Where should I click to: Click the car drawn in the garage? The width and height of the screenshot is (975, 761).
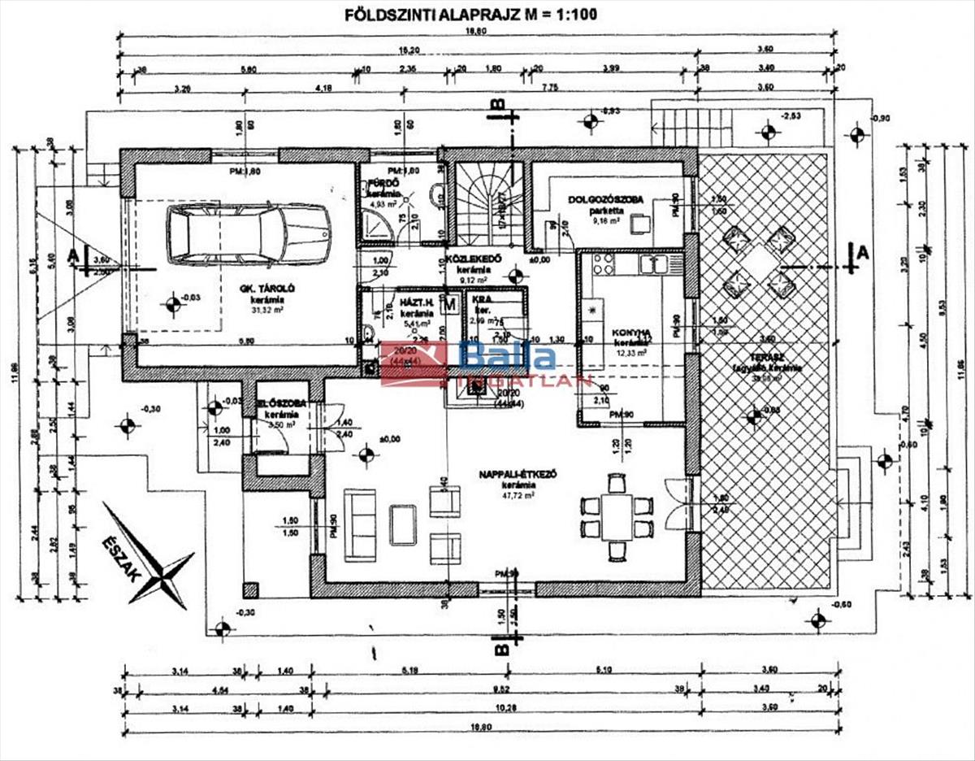pos(249,233)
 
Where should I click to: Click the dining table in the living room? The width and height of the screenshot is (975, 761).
pos(617,515)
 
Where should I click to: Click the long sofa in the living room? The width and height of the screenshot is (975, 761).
pos(359,524)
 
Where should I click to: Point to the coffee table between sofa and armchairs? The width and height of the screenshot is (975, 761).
pos(404,524)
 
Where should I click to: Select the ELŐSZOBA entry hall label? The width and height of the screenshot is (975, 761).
pos(275,404)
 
